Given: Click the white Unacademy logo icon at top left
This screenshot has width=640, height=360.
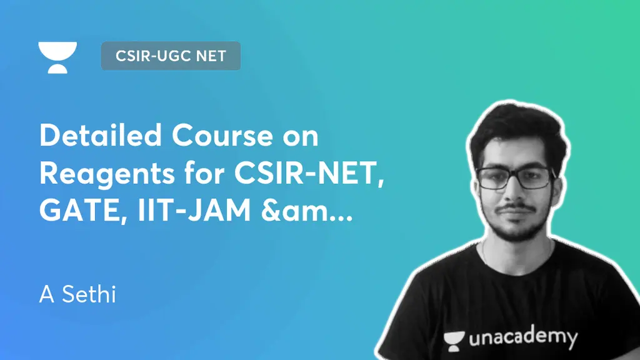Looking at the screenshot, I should (57, 57).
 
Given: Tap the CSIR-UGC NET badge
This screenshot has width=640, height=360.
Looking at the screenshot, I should (171, 56).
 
